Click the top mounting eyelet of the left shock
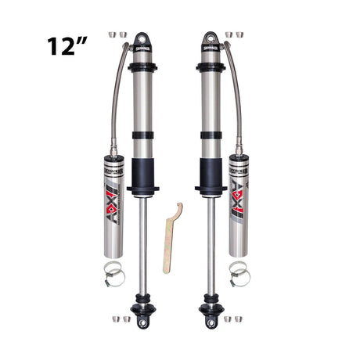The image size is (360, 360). click(x=142, y=38)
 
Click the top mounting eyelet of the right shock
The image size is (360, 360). click(x=210, y=38)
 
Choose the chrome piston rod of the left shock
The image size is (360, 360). click(x=142, y=243)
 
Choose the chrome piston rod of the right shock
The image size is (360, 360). click(x=210, y=243)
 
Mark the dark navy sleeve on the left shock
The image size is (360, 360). click(x=142, y=174)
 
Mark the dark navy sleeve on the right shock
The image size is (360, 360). click(x=210, y=174)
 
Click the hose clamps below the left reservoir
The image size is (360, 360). click(x=114, y=272)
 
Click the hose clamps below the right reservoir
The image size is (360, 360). click(x=238, y=272)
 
